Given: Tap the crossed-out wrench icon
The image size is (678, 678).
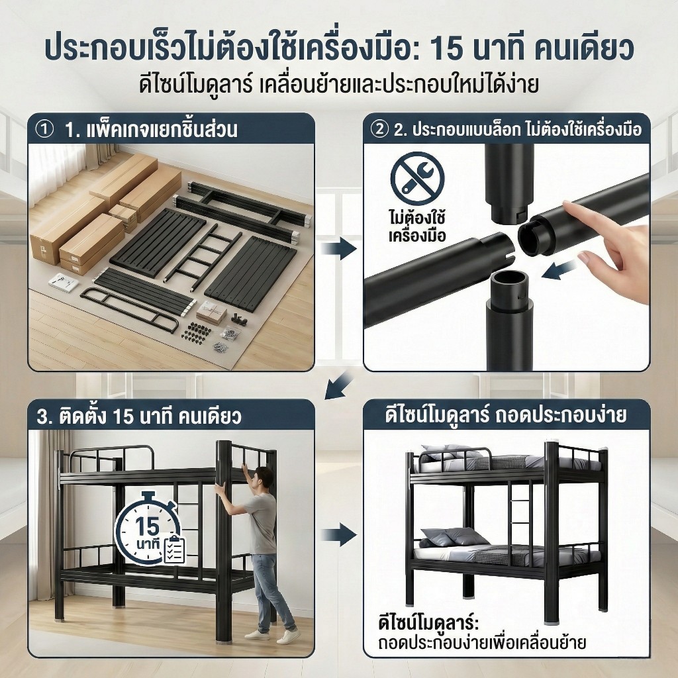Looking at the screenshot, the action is tap(417, 178).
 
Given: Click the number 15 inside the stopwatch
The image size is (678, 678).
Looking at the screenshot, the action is tap(147, 526).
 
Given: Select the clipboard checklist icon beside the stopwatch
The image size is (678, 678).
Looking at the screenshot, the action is tap(174, 549).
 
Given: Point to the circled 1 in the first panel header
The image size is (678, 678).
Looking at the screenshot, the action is tap(44, 130).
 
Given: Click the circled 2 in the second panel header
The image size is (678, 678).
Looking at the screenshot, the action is tap(379, 129).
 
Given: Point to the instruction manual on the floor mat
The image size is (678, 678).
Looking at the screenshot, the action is tap(64, 282).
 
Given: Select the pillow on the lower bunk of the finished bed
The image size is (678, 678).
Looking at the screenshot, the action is tap(450, 537).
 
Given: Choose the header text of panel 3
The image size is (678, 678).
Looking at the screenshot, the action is tap(138, 417).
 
